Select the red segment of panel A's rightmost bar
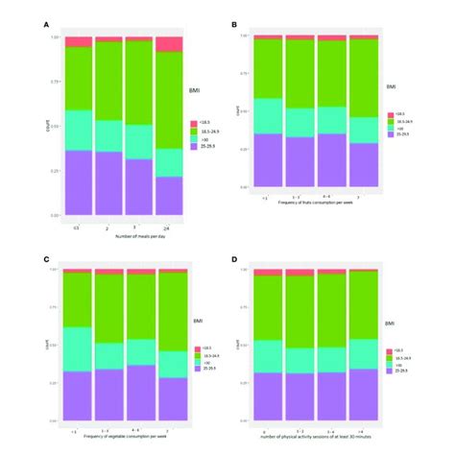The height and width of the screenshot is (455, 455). click(169, 43)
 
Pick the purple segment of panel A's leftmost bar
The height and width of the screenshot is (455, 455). click(79, 183)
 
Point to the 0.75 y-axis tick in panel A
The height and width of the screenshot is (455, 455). click(55, 82)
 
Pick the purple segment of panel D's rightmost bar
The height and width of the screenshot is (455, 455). click(363, 398)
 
